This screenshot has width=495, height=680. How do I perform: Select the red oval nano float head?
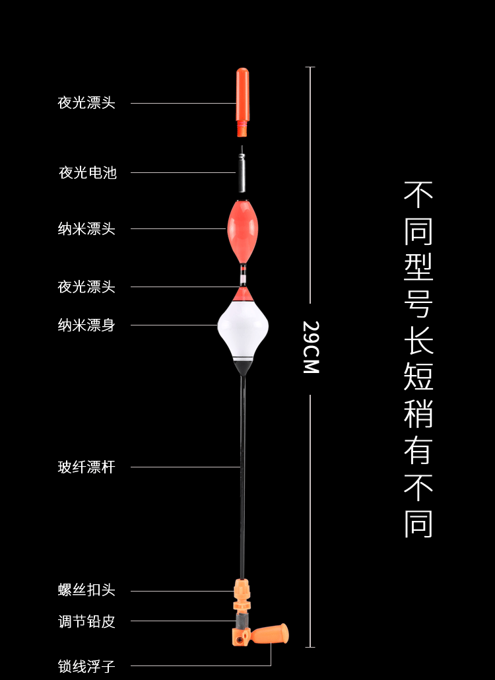pyautogui.click(x=242, y=228)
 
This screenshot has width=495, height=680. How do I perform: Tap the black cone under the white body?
pyautogui.click(x=243, y=367)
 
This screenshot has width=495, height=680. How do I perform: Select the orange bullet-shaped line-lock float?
pyautogui.click(x=272, y=635)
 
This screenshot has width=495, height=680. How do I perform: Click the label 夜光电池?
pyautogui.click(x=88, y=173)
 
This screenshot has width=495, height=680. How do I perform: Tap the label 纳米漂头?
pyautogui.click(x=86, y=229)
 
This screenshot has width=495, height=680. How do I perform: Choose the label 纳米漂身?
pyautogui.click(x=86, y=325)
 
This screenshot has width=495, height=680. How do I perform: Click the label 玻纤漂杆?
pyautogui.click(x=86, y=467)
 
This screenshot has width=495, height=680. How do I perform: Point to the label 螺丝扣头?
pyautogui.click(x=86, y=590)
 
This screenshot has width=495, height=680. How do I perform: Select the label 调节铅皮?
pyautogui.click(x=86, y=621)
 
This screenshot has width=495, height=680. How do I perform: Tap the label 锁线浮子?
pyautogui.click(x=86, y=666)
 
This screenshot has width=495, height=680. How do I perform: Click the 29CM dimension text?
pyautogui.click(x=311, y=347)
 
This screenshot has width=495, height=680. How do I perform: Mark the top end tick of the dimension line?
pyautogui.click(x=310, y=67)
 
